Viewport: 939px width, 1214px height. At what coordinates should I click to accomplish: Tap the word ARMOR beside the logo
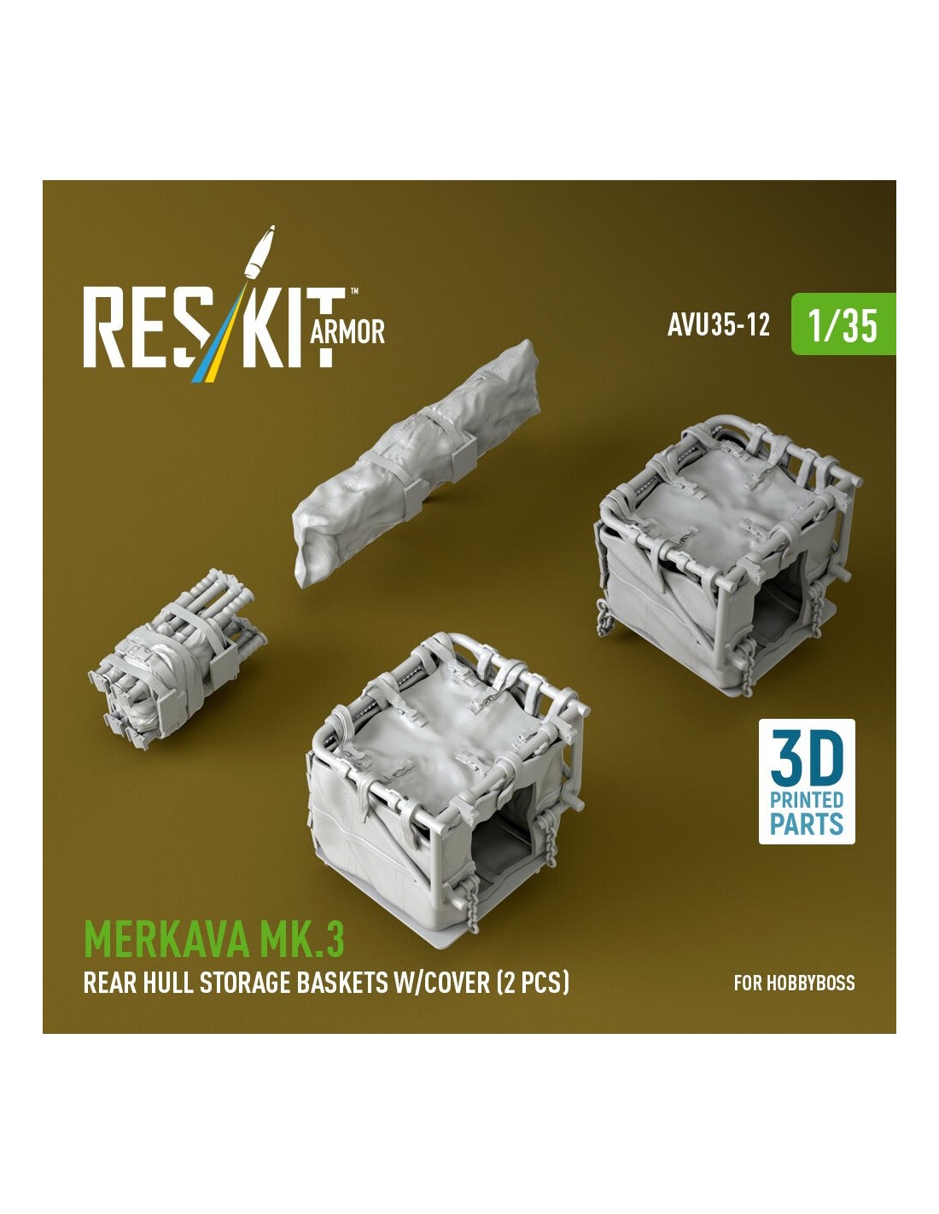tap(347, 333)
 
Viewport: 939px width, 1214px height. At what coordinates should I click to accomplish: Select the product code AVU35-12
tap(719, 324)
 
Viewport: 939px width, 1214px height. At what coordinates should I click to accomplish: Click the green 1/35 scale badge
tap(843, 324)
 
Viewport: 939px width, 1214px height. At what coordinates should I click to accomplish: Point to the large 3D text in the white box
tap(807, 760)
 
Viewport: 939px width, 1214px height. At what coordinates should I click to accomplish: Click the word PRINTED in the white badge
tap(807, 799)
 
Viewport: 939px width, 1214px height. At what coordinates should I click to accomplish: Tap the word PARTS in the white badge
tap(807, 824)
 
